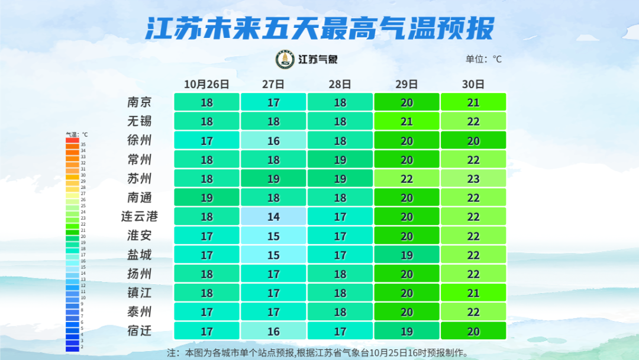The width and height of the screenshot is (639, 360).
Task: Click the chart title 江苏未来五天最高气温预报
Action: [x=319, y=28]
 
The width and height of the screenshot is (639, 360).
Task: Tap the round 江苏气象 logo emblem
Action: [x=285, y=59]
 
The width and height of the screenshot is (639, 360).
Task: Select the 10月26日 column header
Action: [x=206, y=84]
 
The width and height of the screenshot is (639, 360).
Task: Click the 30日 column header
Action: [x=473, y=84]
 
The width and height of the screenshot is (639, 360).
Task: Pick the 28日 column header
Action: [x=340, y=84]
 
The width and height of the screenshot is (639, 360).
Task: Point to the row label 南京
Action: [x=140, y=102]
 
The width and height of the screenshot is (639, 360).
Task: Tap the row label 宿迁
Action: [x=140, y=330]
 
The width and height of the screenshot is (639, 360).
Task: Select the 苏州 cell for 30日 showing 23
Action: [x=473, y=178]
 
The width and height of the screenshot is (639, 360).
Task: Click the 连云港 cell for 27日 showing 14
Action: [x=273, y=216]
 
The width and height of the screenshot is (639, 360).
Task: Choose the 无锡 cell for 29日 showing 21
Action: [x=406, y=121]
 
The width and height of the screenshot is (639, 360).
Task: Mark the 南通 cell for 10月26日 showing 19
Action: [x=206, y=197]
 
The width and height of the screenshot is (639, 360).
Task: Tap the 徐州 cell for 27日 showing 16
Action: [x=273, y=140]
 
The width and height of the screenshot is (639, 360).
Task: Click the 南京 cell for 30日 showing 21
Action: [x=473, y=102]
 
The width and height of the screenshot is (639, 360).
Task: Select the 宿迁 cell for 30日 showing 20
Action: [x=473, y=330]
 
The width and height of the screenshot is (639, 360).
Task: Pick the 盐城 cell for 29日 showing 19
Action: [x=406, y=255]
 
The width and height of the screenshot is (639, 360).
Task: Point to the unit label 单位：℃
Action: [x=483, y=59]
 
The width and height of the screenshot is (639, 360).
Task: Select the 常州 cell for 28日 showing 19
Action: [x=340, y=159]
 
